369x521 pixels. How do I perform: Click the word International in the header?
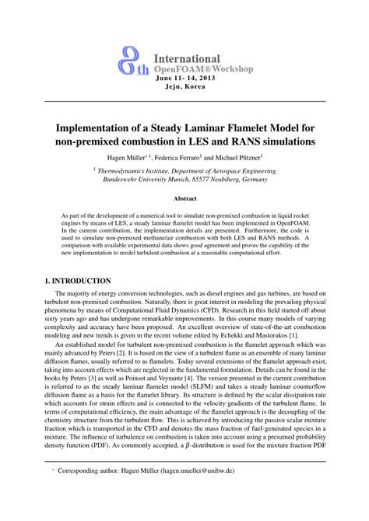click(187, 58)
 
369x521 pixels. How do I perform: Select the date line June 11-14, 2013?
click(185, 79)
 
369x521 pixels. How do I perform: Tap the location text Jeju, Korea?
click(185, 87)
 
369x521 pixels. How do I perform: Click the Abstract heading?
click(184, 199)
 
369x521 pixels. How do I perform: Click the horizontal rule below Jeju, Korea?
click(184, 100)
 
